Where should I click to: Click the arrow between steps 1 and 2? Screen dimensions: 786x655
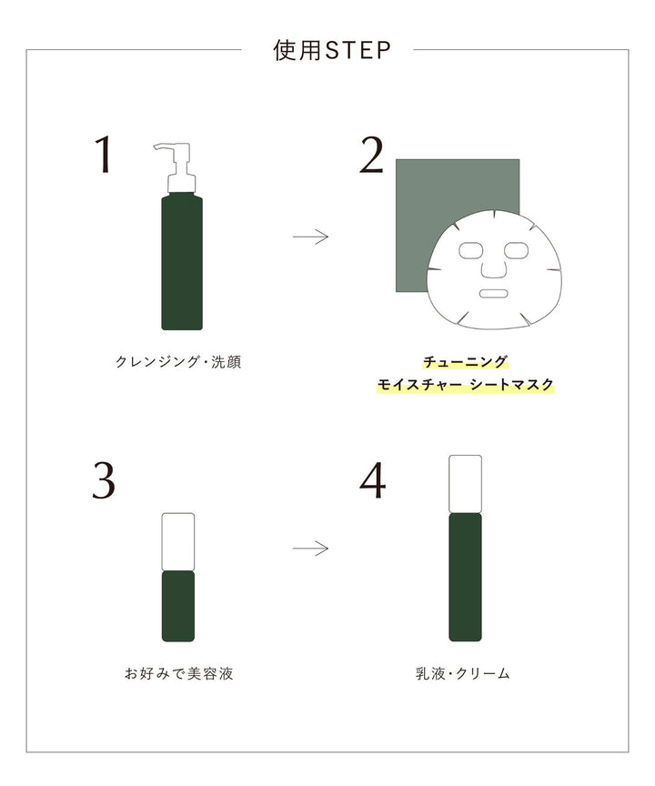[310, 237]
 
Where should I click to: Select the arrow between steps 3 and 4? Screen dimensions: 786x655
[310, 549]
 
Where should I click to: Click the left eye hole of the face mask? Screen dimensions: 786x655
[473, 249]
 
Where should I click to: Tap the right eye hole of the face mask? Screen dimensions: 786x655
[516, 249]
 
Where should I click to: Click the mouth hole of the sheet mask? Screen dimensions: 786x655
[494, 294]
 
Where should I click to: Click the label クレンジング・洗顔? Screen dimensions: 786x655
[178, 362]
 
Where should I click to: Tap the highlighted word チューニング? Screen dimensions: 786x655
[465, 362]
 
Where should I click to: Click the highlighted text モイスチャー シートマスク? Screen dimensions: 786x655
[465, 385]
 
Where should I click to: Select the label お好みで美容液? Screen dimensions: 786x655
[178, 674]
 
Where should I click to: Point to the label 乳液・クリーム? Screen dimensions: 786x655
[465, 674]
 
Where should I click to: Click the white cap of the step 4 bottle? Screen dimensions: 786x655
[465, 483]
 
